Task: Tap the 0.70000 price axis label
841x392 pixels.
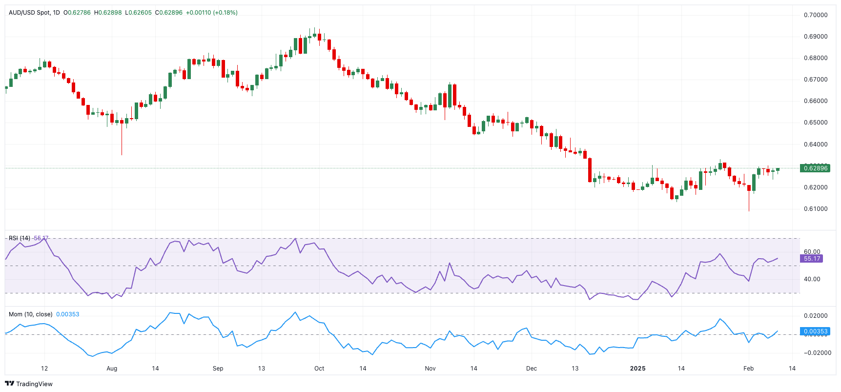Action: pos(816,15)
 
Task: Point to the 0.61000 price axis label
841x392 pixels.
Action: pos(816,209)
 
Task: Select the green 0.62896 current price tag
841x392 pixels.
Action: pos(815,168)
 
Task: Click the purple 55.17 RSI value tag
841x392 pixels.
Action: pos(812,259)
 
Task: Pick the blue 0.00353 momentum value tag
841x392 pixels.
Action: pos(815,331)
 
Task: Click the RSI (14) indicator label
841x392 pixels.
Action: pos(20,238)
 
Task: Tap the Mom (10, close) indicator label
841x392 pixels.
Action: pos(30,314)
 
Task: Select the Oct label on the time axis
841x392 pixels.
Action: pos(319,369)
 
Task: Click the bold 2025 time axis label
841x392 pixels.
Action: pos(637,369)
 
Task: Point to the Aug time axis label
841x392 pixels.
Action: pos(112,369)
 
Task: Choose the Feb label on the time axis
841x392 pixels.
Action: pos(748,369)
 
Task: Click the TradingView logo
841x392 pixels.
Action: pos(29,384)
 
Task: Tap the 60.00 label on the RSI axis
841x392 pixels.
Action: pos(812,252)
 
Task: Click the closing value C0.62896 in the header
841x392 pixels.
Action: pos(169,13)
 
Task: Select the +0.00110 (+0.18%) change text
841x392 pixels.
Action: pos(212,13)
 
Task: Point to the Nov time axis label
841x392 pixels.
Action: pos(430,369)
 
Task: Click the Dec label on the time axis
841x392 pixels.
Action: pos(532,369)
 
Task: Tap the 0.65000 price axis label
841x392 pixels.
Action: pos(816,123)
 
